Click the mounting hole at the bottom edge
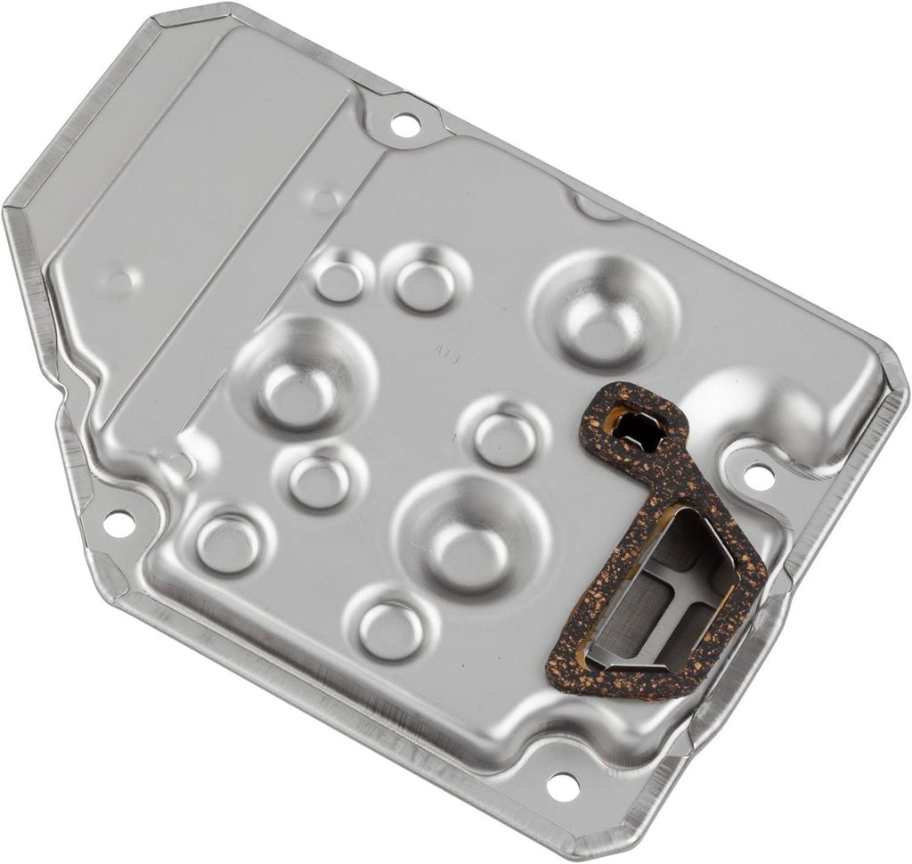coord(558,785)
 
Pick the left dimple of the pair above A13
coord(339,280)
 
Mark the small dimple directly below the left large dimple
coord(319,480)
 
